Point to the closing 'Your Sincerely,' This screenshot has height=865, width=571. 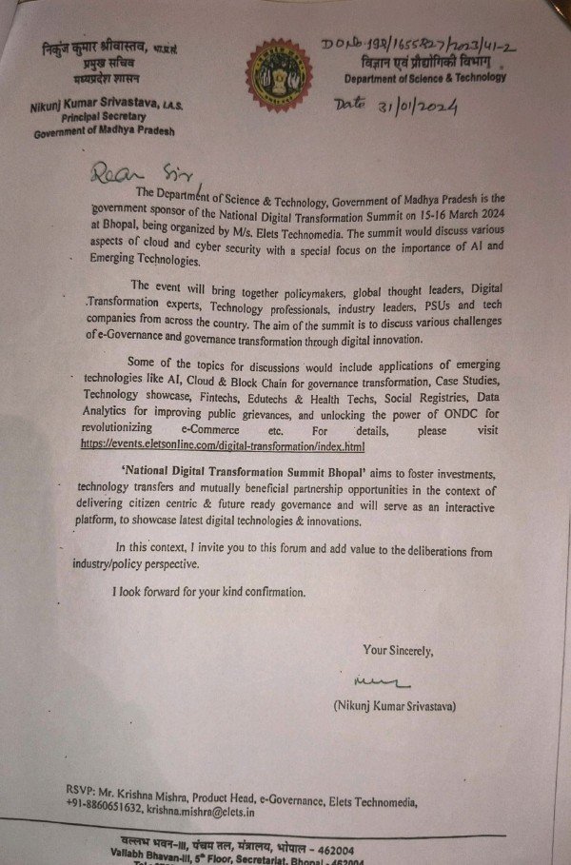click(x=398, y=651)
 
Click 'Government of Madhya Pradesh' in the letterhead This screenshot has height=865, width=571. click(x=104, y=132)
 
